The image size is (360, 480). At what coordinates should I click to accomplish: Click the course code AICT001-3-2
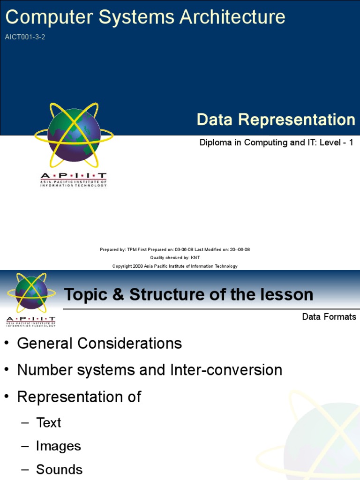click(25, 37)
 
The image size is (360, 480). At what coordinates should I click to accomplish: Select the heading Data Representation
click(276, 120)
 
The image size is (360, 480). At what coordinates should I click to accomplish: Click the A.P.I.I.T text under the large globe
click(73, 176)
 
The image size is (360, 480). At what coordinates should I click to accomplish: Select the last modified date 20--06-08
click(237, 250)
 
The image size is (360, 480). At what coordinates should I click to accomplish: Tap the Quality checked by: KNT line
click(175, 258)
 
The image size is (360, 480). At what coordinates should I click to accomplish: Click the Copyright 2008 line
click(175, 266)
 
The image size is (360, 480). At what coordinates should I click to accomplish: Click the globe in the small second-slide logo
click(31, 292)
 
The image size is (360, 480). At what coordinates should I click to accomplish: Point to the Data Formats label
click(329, 317)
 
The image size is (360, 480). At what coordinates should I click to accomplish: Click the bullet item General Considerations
click(99, 344)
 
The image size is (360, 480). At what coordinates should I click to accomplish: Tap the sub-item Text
click(48, 423)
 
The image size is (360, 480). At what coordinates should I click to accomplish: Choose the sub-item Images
click(58, 446)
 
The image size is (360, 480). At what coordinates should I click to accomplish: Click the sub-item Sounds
click(59, 470)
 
